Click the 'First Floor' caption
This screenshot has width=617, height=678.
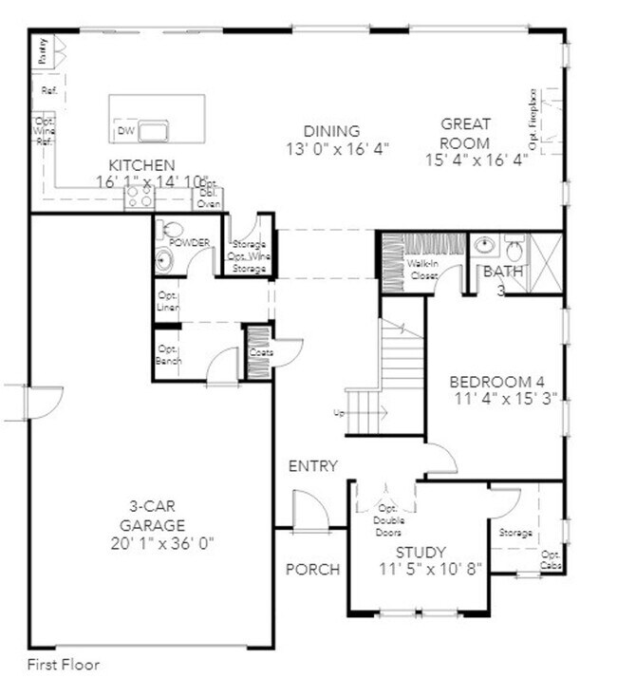click(x=63, y=665)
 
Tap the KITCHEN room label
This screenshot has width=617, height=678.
click(x=140, y=164)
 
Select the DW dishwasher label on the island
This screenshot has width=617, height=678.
click(x=125, y=131)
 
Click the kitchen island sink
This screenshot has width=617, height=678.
click(x=154, y=128)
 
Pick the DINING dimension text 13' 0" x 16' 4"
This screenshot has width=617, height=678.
click(x=338, y=149)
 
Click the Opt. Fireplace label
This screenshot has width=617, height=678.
click(x=533, y=120)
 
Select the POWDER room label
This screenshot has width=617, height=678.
click(x=189, y=242)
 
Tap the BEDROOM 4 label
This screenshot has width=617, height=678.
click(x=490, y=383)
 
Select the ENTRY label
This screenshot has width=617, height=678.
click(x=313, y=465)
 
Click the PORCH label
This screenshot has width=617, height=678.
click(x=312, y=570)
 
